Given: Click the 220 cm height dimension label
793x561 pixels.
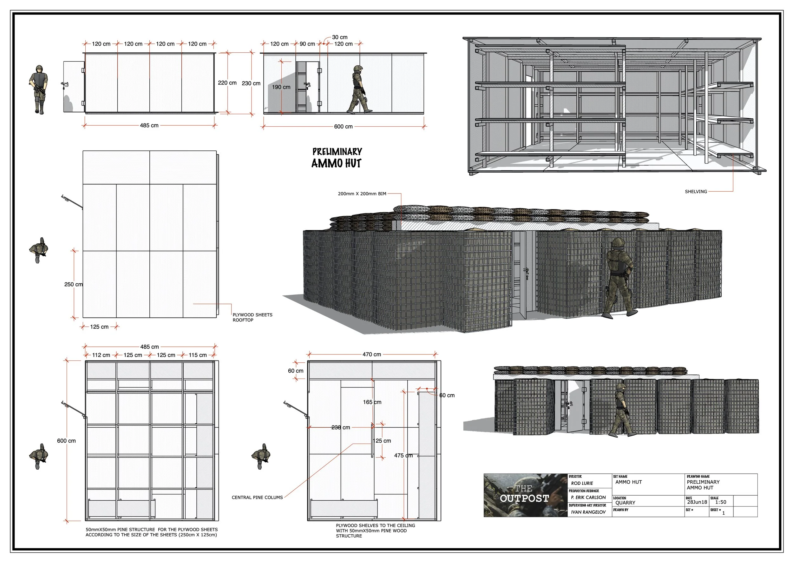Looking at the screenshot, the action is point(227,83).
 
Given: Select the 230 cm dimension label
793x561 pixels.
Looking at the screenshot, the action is point(251,83).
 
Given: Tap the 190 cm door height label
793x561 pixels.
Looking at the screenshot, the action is point(281,87).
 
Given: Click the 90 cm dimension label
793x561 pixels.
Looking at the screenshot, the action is point(307,44).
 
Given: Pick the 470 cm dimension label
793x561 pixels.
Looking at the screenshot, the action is point(372,354).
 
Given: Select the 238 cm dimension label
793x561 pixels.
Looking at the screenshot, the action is point(341,427).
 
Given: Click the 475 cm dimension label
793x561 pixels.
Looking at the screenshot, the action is point(403,455).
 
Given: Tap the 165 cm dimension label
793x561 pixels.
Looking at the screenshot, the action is point(372,402).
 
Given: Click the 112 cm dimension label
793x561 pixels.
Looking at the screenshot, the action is point(101,355).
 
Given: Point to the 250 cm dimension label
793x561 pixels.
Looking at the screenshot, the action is point(73,284).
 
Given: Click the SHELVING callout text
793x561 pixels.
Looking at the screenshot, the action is point(696,191).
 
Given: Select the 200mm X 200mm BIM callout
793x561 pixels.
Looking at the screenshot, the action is point(362,194).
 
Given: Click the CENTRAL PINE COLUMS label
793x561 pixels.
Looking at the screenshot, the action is point(257,498).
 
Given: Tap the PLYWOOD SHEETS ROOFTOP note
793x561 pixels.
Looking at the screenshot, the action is point(252,317).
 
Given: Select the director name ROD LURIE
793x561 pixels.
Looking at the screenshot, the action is point(582,483).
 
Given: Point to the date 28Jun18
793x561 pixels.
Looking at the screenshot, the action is point(697,502).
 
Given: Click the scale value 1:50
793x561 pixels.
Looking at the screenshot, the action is point(720,502).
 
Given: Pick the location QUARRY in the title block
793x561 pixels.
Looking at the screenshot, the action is point(625,503).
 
